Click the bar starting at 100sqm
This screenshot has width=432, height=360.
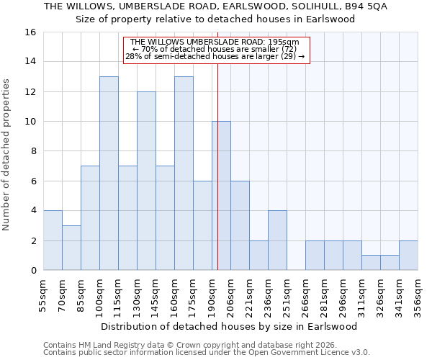point(109,173)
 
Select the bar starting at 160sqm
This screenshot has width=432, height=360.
point(184,173)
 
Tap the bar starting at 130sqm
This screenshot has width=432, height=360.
point(146,180)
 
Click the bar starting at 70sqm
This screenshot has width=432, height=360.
point(71,248)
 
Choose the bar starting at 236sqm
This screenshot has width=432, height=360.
point(277,240)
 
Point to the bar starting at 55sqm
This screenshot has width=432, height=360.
point(53,240)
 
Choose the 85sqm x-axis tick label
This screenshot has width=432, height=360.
point(81,295)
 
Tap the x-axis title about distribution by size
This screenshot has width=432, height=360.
point(229,326)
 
